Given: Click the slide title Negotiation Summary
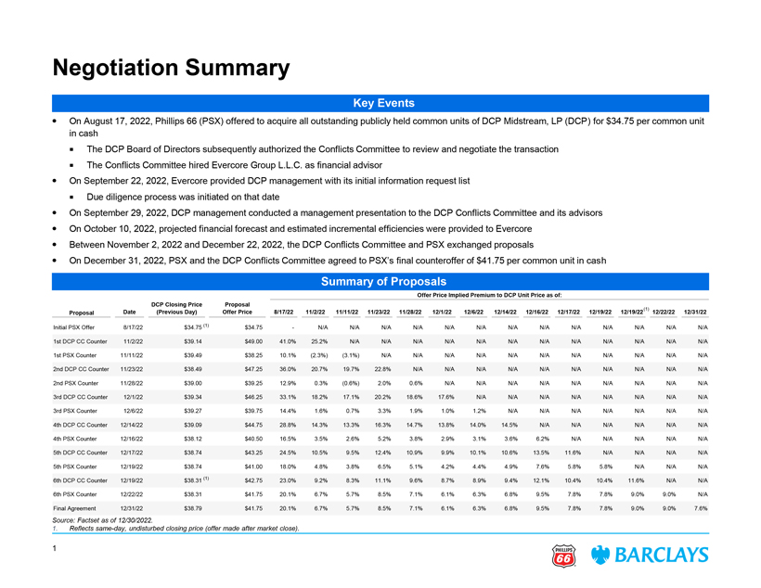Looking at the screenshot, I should point(170,67).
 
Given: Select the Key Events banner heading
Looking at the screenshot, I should point(380,102).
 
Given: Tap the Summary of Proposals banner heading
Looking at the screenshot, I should point(380,281).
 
